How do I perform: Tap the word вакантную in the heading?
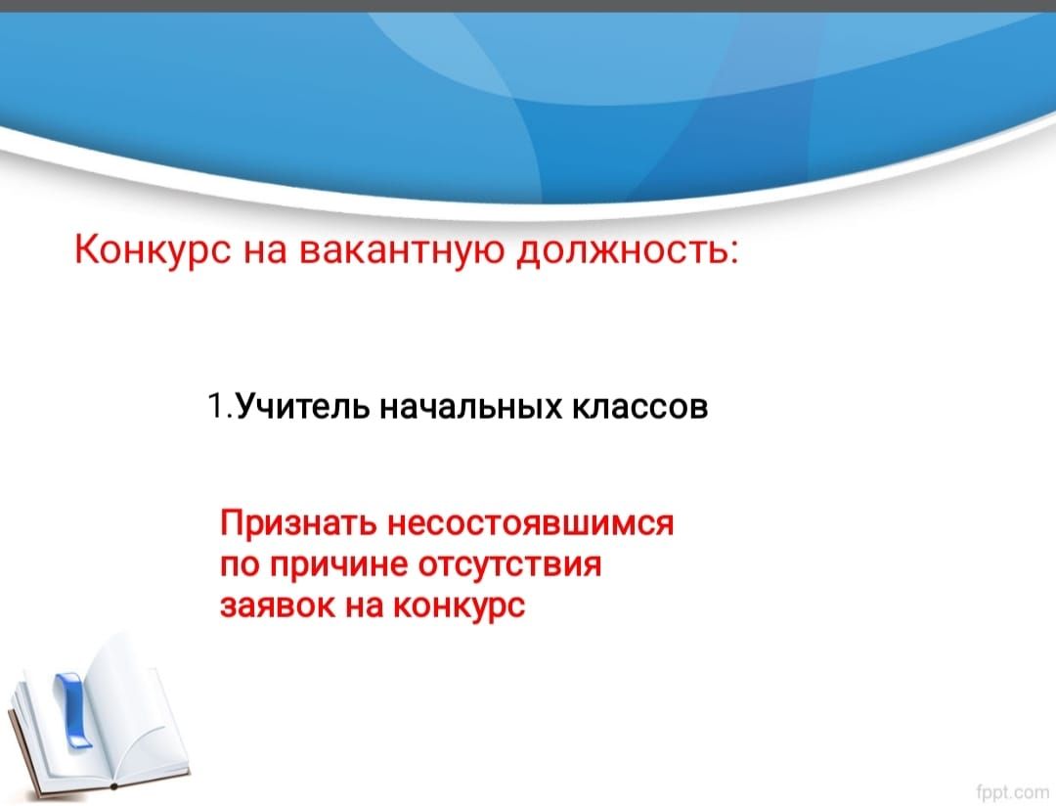coord(401,250)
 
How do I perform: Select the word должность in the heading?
coord(620,250)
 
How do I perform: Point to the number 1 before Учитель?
coord(215,405)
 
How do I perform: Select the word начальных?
coord(470,406)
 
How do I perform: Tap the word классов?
coord(640,407)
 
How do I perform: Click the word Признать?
coord(298,523)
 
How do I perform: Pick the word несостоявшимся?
coord(531,523)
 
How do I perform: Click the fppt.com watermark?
coord(1012,791)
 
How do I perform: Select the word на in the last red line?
coord(364,606)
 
